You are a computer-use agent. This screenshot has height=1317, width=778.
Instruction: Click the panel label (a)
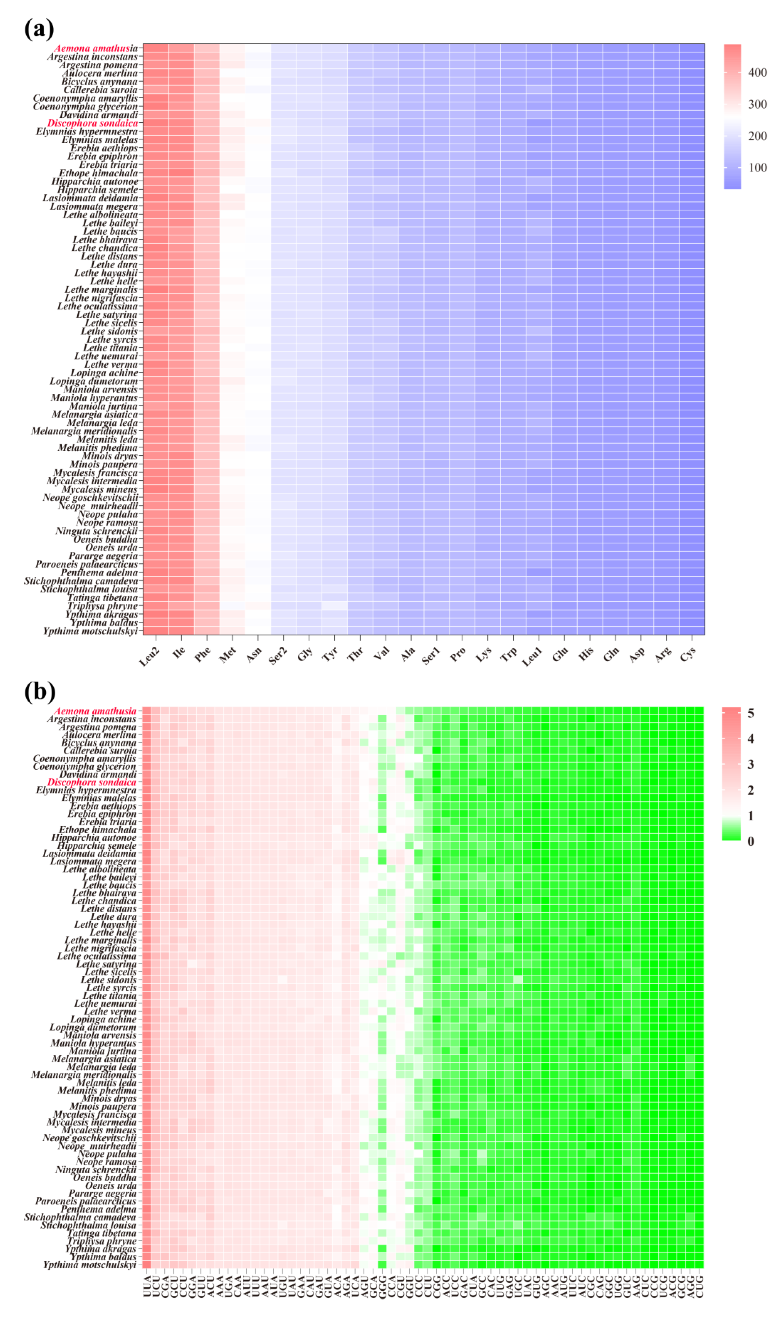click(x=39, y=29)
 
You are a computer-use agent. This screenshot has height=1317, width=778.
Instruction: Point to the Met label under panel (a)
click(x=228, y=655)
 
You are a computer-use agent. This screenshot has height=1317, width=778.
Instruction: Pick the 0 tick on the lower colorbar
click(x=751, y=841)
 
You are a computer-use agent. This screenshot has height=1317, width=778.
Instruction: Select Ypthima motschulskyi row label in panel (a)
click(x=90, y=631)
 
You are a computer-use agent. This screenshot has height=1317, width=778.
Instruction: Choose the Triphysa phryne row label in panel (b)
click(x=102, y=1241)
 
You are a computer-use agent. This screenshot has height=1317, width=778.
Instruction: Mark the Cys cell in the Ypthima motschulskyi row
click(x=691, y=631)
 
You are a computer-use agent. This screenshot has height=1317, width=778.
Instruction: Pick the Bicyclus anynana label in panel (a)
click(x=99, y=82)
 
